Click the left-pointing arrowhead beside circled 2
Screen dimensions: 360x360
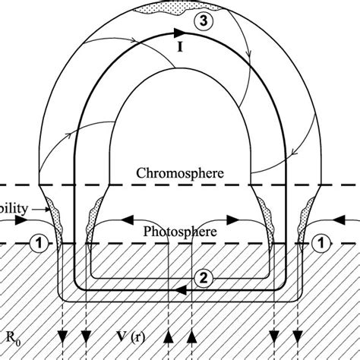coord(179,289)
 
